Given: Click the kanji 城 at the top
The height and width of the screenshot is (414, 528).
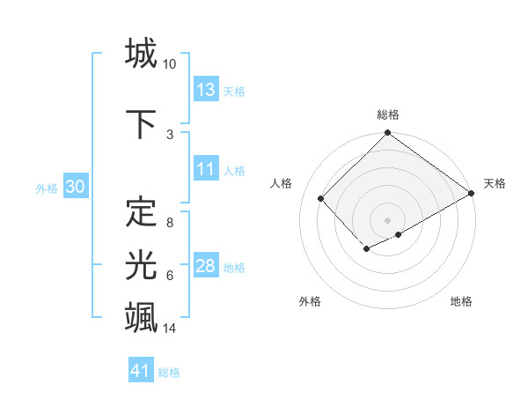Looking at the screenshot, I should (x=141, y=55).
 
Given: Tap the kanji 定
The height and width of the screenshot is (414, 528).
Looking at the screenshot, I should (x=141, y=212).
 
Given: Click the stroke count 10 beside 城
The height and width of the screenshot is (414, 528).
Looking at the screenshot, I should (x=170, y=64).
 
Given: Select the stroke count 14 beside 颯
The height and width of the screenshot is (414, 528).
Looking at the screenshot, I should (x=171, y=329).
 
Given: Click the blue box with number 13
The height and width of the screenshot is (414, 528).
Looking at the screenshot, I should (x=206, y=90).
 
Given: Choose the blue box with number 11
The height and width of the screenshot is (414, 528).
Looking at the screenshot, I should (x=206, y=170).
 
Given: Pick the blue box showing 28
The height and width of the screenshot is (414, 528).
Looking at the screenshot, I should (x=206, y=267).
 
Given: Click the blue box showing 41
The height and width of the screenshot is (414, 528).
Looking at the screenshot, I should (x=141, y=371).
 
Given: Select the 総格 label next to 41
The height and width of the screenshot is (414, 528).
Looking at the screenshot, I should (x=169, y=373).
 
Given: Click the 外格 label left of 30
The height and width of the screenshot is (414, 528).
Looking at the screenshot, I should (x=47, y=188).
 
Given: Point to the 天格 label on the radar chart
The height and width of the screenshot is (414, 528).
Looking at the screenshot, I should (x=495, y=183).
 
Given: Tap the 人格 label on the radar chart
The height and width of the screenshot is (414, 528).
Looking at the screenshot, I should (x=282, y=183).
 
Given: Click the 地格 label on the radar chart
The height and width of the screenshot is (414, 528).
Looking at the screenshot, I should (x=461, y=301).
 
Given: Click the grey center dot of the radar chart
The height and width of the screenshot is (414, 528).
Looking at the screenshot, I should (x=387, y=218).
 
